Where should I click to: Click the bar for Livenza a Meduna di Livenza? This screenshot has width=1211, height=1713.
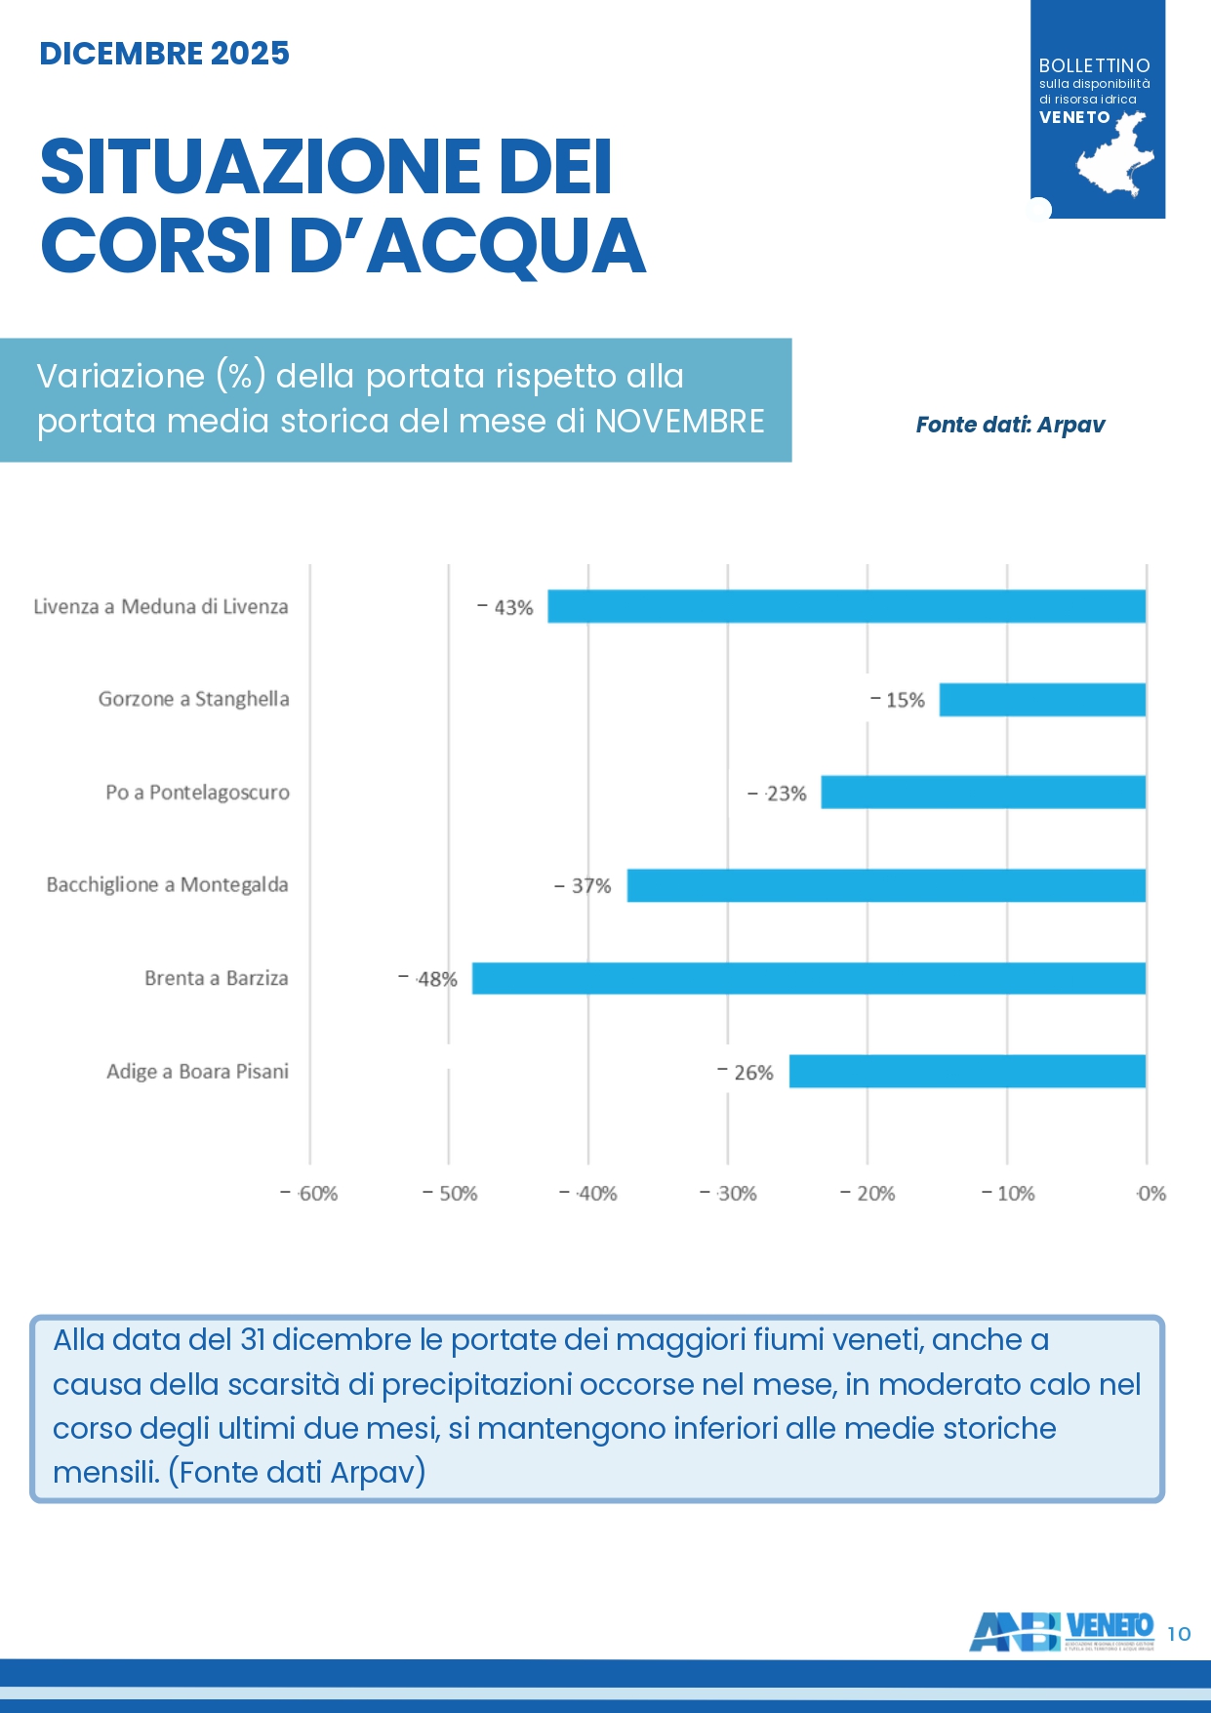[846, 606]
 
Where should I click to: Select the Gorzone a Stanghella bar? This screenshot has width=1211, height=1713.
[1042, 700]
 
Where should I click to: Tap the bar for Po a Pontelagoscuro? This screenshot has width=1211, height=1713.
[983, 792]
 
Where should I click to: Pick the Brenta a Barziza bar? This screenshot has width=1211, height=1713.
[808, 978]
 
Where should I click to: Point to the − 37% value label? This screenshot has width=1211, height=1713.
[583, 886]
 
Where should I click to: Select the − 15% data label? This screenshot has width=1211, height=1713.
[898, 700]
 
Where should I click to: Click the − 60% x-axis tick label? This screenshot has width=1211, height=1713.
[309, 1194]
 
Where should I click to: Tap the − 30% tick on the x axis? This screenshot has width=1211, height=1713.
[728, 1194]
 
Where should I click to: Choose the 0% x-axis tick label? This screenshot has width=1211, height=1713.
[1151, 1194]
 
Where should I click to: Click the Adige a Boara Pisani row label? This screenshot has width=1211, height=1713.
[197, 1072]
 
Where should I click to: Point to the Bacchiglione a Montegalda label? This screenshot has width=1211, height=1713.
[167, 885]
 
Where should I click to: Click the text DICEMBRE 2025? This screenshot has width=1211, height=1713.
[164, 53]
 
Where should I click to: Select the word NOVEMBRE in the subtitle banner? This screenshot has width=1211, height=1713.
[679, 422]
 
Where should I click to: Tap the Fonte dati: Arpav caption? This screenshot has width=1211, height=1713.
[1010, 425]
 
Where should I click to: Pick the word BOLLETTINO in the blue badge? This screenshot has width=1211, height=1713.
[1094, 65]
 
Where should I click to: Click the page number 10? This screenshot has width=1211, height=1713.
[1179, 1634]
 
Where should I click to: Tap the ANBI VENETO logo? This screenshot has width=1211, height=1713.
[1062, 1630]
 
